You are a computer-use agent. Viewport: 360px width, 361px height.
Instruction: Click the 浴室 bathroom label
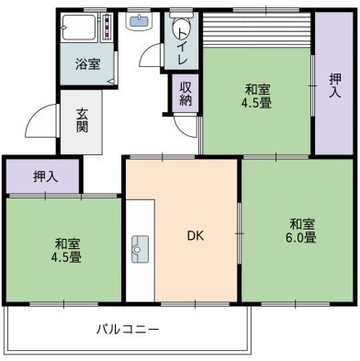(88, 64)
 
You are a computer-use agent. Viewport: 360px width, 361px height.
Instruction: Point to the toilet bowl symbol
(181, 28)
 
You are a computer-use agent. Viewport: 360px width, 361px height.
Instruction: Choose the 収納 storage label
(185, 94)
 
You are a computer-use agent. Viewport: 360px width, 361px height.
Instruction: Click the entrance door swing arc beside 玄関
(41, 118)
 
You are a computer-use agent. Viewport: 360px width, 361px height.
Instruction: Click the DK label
(195, 236)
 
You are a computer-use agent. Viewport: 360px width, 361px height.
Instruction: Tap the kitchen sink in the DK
(141, 248)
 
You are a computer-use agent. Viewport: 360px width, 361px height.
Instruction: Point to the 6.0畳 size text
(304, 238)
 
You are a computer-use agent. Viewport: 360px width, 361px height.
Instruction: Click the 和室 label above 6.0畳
(303, 223)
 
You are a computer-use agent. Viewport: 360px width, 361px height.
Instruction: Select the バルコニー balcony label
(128, 328)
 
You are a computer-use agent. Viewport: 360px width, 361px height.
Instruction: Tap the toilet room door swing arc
(152, 55)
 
